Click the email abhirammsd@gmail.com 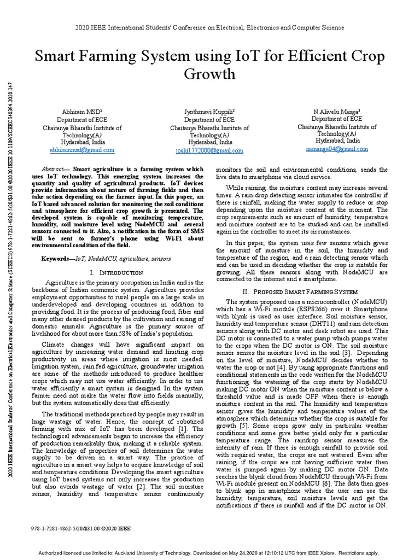click(x=82, y=149)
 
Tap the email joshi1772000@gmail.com click(x=209, y=150)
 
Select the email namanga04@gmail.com click(x=337, y=148)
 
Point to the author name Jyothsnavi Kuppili click(x=209, y=112)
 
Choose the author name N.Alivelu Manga click(x=336, y=110)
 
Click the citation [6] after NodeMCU click(x=325, y=483)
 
